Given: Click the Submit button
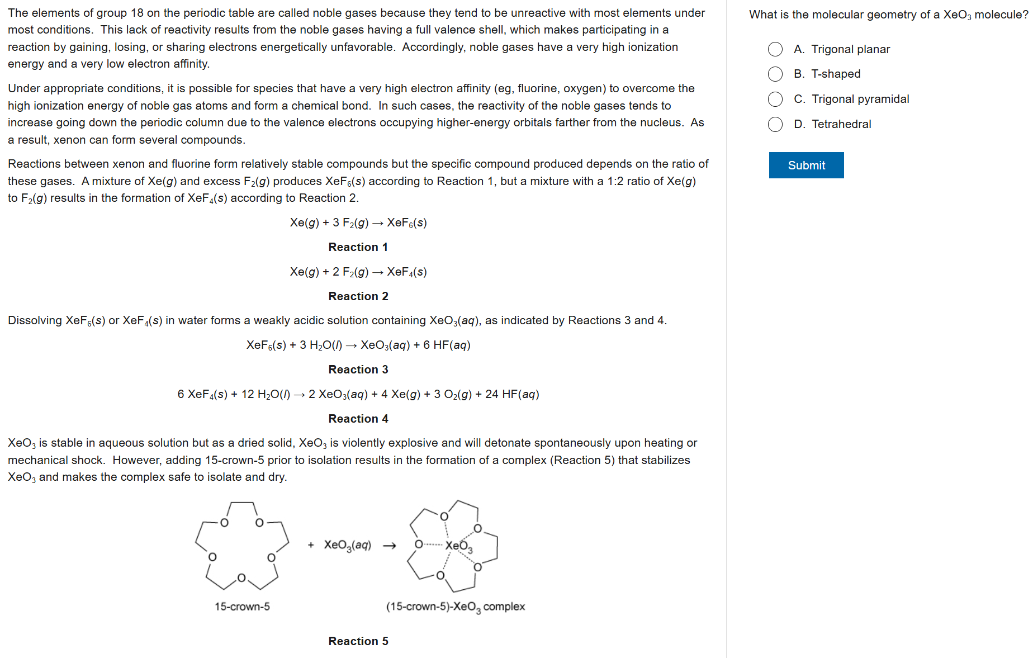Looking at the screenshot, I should [806, 165].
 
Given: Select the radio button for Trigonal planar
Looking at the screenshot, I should [775, 49].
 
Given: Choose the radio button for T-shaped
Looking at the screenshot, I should [775, 74].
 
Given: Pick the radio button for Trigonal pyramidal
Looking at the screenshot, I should [775, 99].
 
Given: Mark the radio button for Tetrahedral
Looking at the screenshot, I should [775, 124].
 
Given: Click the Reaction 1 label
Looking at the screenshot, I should [358, 247].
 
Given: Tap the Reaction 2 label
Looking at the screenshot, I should [358, 296].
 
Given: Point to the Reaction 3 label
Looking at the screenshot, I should [358, 370].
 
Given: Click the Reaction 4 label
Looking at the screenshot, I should [358, 419].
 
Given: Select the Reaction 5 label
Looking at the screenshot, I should [358, 641].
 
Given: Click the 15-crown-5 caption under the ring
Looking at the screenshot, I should [242, 607].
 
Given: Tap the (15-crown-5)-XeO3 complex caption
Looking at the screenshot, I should [455, 607].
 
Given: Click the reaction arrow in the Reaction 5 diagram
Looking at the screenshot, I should [390, 546].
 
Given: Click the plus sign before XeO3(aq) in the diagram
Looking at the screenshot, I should [311, 545].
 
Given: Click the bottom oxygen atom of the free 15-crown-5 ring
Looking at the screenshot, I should [241, 577].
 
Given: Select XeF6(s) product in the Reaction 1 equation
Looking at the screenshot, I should [407, 223].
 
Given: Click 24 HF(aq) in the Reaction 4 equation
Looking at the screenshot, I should [512, 395].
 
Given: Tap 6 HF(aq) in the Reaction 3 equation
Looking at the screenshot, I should [447, 345].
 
